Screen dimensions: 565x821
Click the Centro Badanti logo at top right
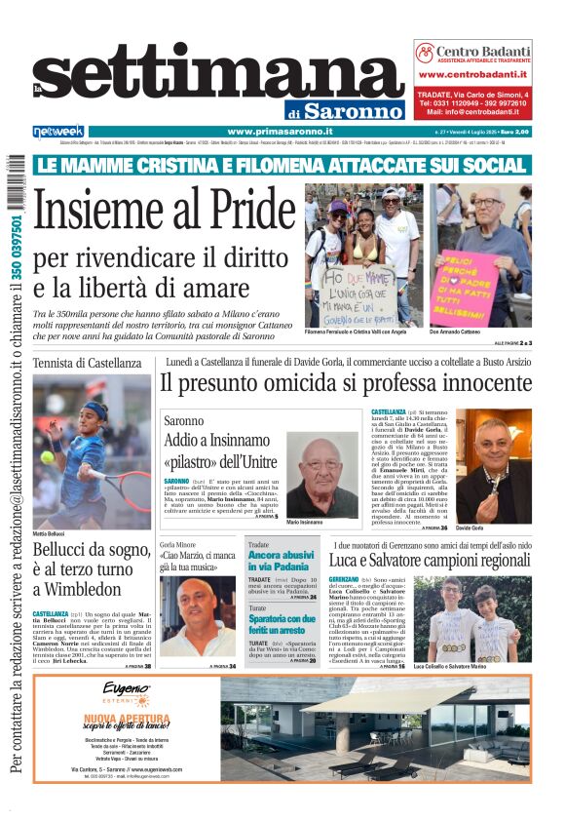(472, 53)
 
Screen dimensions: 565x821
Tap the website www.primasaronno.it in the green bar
(281, 132)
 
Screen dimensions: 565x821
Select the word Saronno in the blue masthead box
(353, 110)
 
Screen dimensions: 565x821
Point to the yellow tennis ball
(48, 456)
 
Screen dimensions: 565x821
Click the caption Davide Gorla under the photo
(498, 527)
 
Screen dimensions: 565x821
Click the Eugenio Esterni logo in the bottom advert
(126, 695)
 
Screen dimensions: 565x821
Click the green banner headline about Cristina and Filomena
(281, 164)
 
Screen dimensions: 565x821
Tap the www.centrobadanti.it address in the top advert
(473, 74)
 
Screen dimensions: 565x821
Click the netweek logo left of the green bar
(57, 132)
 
